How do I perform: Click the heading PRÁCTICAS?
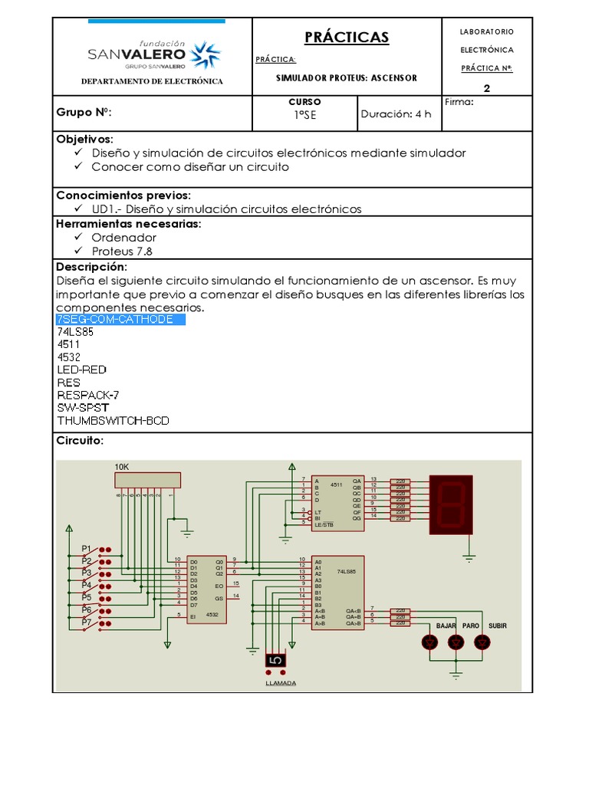[347, 37]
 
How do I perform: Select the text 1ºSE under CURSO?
[304, 115]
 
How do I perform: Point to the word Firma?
[459, 101]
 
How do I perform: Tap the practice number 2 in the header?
[486, 87]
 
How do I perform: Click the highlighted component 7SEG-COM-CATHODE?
[120, 319]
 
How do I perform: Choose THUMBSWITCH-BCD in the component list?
[113, 421]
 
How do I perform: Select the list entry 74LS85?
[75, 332]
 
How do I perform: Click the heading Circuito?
[80, 441]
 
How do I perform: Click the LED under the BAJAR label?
[430, 642]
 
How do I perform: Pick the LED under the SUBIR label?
[482, 642]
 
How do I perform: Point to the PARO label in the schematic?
[470, 626]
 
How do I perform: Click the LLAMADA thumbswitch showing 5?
[276, 660]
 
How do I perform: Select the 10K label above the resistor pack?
[122, 466]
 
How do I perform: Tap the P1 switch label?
[87, 549]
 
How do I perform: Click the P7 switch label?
[87, 622]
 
